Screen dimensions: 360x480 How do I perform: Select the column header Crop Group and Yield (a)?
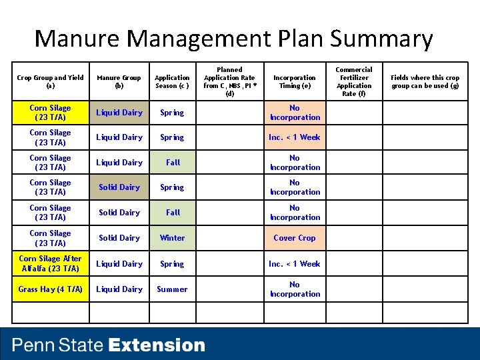[x=51, y=81]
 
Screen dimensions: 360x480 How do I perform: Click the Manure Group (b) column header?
[x=119, y=81]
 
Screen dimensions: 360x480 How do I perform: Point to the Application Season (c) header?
[x=172, y=81]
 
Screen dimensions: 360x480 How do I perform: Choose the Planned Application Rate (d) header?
[x=230, y=81]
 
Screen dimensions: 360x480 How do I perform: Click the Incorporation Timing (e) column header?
[x=295, y=81]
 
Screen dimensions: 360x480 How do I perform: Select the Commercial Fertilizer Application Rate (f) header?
[x=354, y=81]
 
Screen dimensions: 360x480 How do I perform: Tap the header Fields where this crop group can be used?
[x=425, y=81]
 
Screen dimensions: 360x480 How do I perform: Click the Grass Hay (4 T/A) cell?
[x=51, y=289]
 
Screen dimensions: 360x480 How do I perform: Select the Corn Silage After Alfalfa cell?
[x=51, y=264]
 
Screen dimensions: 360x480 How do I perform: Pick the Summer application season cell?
[x=172, y=289]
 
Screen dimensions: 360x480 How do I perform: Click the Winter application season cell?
[x=172, y=238]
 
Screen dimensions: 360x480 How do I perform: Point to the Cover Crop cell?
[x=295, y=238]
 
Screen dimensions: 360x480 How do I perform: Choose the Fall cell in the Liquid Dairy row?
[x=173, y=163]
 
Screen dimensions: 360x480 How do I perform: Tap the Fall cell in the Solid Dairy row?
[x=173, y=213]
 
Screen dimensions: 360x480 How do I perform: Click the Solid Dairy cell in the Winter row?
[x=119, y=238]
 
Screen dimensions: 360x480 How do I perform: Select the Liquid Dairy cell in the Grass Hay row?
[x=119, y=289]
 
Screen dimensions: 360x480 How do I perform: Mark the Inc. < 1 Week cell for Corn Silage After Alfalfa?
[x=295, y=264]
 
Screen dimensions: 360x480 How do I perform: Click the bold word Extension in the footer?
[x=157, y=345]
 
